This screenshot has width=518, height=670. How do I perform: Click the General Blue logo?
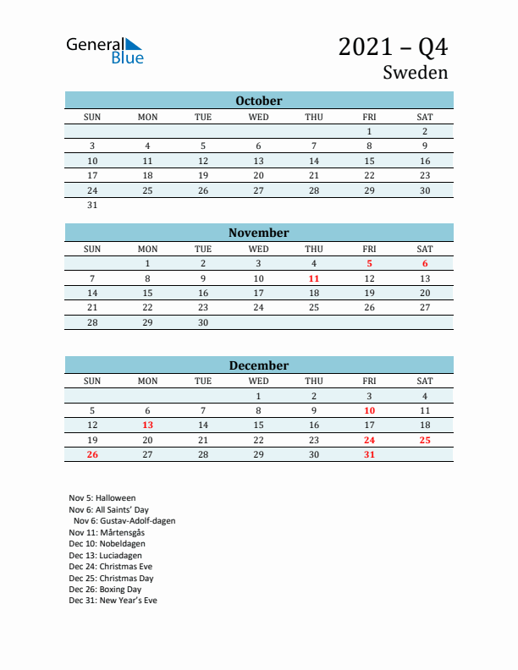pos(105,51)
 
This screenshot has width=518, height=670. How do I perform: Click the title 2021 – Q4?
pos(393,47)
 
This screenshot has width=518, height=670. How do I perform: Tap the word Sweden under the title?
pos(415,73)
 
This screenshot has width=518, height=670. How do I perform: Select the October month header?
pos(259,101)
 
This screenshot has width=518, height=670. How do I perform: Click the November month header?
pos(259,233)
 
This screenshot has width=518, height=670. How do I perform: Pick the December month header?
pos(259,365)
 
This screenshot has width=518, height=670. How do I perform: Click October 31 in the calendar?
pos(92,205)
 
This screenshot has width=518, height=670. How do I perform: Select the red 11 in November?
pos(314,278)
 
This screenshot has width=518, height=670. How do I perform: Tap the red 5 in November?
pos(369,263)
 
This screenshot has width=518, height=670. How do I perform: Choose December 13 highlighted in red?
pos(147,425)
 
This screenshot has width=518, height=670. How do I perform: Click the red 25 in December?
pos(425,440)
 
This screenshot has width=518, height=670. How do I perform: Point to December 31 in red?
pos(369,455)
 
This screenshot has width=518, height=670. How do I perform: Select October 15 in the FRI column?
pos(369,161)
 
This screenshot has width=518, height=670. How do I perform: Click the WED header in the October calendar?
pos(259,117)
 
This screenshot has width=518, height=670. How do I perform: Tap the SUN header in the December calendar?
pos(92,381)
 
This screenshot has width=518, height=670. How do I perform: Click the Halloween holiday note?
pos(102,498)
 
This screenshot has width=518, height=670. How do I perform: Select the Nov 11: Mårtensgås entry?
pos(108,533)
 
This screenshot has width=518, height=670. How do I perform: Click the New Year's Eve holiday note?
pos(113,601)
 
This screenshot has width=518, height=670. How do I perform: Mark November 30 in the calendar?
pos(203,322)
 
